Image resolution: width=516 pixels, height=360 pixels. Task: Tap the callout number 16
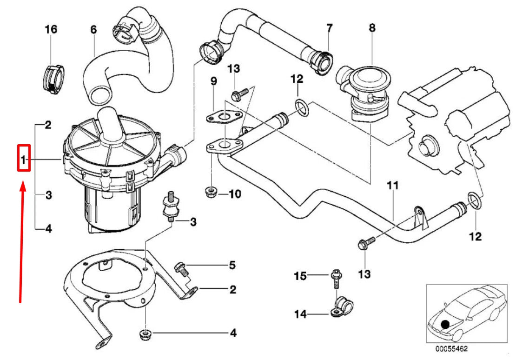[51, 30]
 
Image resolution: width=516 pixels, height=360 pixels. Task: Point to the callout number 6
[93, 29]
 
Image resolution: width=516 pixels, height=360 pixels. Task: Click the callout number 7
[329, 27]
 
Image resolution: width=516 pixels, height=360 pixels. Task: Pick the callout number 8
[371, 28]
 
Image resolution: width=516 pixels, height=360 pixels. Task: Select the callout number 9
[213, 81]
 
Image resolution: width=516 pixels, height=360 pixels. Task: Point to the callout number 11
[393, 186]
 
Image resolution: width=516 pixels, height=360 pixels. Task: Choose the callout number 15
[300, 276]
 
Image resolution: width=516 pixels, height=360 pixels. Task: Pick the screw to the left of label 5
[180, 268]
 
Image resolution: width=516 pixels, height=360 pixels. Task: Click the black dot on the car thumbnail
[446, 324]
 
